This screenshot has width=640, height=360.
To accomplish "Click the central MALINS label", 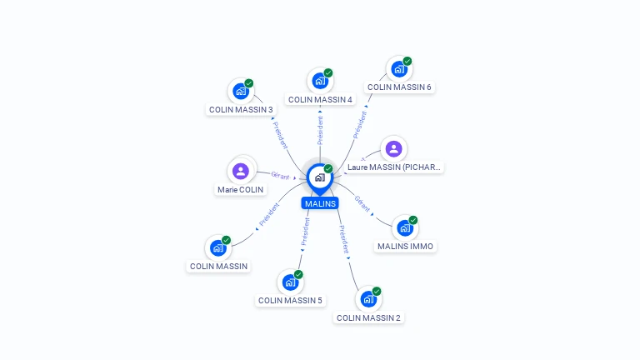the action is pyautogui.click(x=320, y=203).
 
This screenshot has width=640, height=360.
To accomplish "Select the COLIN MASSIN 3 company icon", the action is pyautogui.click(x=241, y=91).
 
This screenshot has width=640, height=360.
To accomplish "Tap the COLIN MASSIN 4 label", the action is pyautogui.click(x=320, y=99).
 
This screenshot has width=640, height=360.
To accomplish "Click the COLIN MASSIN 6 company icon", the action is pyautogui.click(x=399, y=69).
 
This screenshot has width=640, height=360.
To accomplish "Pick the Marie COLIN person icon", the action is pyautogui.click(x=240, y=171).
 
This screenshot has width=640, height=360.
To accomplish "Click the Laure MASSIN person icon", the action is pyautogui.click(x=394, y=149).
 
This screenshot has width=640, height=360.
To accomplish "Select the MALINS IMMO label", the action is pyautogui.click(x=405, y=246).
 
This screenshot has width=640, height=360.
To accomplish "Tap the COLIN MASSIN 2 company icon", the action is pyautogui.click(x=368, y=299).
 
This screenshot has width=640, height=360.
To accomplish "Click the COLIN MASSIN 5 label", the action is pyautogui.click(x=290, y=300).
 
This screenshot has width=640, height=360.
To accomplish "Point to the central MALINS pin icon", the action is pyautogui.click(x=320, y=179).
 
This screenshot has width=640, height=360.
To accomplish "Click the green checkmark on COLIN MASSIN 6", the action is pyautogui.click(x=407, y=61).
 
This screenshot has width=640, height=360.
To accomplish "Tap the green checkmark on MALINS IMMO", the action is pyautogui.click(x=413, y=220).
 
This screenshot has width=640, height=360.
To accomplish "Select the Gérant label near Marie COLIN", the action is pyautogui.click(x=280, y=176).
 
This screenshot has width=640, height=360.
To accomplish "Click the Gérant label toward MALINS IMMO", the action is pyautogui.click(x=362, y=204).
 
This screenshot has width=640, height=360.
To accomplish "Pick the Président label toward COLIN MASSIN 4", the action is pyautogui.click(x=320, y=130).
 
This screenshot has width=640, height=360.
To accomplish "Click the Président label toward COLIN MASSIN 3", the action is pyautogui.click(x=280, y=135).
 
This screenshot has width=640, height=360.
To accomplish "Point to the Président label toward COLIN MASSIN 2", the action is pyautogui.click(x=344, y=239).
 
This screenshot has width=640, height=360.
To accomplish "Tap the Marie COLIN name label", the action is pyautogui.click(x=240, y=189).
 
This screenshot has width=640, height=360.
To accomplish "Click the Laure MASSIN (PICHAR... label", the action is pyautogui.click(x=394, y=167).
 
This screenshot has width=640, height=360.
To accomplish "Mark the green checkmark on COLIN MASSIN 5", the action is pyautogui.click(x=298, y=275).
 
